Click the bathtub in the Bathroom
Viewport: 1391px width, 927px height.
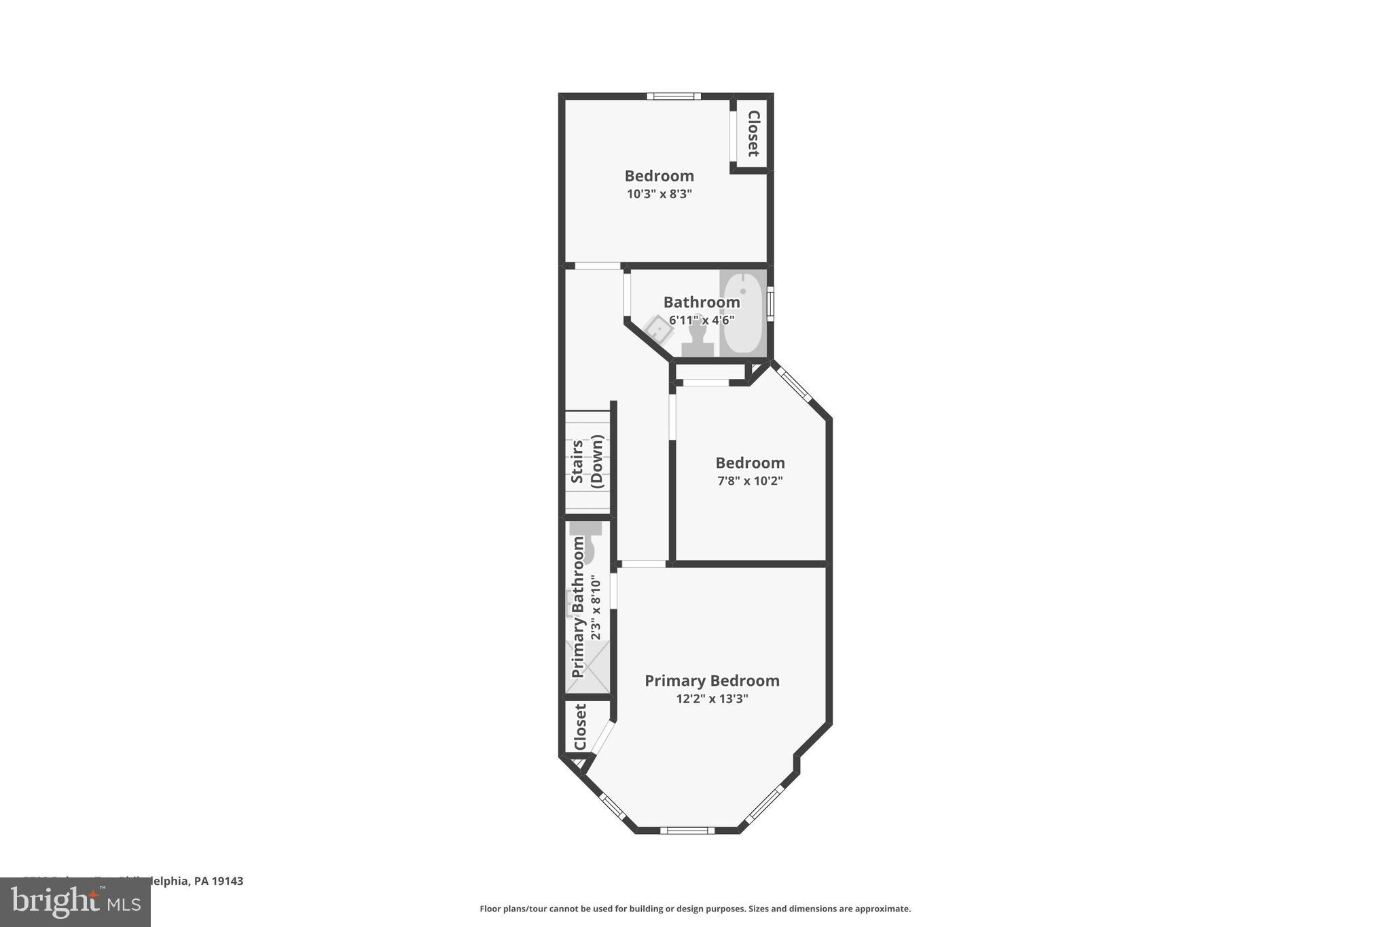[742, 314]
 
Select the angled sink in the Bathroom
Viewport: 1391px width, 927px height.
[658, 329]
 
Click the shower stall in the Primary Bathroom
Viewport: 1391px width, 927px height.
[588, 668]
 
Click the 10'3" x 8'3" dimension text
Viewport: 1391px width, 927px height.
[659, 194]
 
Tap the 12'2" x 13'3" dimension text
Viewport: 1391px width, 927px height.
[712, 698]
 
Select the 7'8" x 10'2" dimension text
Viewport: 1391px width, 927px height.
[750, 481]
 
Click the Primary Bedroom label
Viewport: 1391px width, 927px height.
[712, 680]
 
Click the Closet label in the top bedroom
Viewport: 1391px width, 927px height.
[753, 133]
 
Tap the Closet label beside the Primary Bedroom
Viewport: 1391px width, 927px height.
[580, 727]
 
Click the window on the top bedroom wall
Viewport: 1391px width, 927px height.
[673, 96]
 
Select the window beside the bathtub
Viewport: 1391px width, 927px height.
[770, 304]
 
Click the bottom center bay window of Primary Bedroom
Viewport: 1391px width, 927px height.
[687, 830]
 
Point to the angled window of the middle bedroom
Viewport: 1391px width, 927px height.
[793, 384]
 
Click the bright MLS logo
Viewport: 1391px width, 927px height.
[75, 902]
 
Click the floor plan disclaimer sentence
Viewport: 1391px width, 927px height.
[695, 909]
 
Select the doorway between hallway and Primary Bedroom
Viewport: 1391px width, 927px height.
[643, 564]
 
